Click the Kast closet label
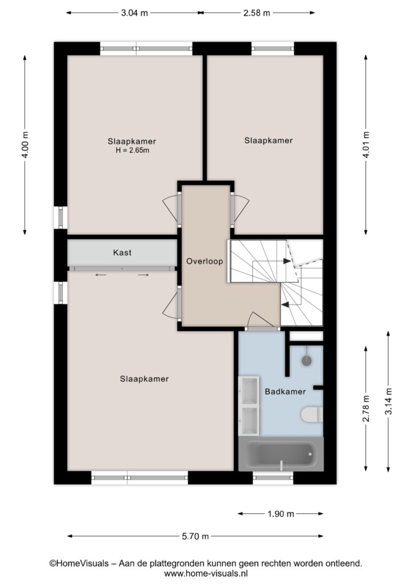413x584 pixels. tap(122, 253)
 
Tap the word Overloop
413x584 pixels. tap(204, 261)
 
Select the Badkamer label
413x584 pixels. tap(285, 391)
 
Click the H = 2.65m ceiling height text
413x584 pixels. tap(132, 151)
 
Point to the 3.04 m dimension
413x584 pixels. tap(135, 13)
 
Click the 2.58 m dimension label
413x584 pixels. tap(257, 13)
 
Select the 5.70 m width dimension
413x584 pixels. tap(196, 536)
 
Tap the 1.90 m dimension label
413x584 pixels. tap(281, 514)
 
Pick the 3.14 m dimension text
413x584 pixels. tap(388, 401)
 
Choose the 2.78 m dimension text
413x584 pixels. tap(366, 408)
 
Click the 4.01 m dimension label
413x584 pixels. tap(366, 145)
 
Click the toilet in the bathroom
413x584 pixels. tap(312, 415)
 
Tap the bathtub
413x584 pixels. tap(281, 454)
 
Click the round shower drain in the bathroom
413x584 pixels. tap(307, 360)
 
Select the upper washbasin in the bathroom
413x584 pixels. tap(249, 391)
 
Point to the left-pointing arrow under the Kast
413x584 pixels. tap(101, 275)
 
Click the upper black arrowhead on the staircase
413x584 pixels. tap(287, 261)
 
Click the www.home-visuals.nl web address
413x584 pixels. tap(206, 573)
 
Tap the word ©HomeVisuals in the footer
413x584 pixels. tap(79, 563)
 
